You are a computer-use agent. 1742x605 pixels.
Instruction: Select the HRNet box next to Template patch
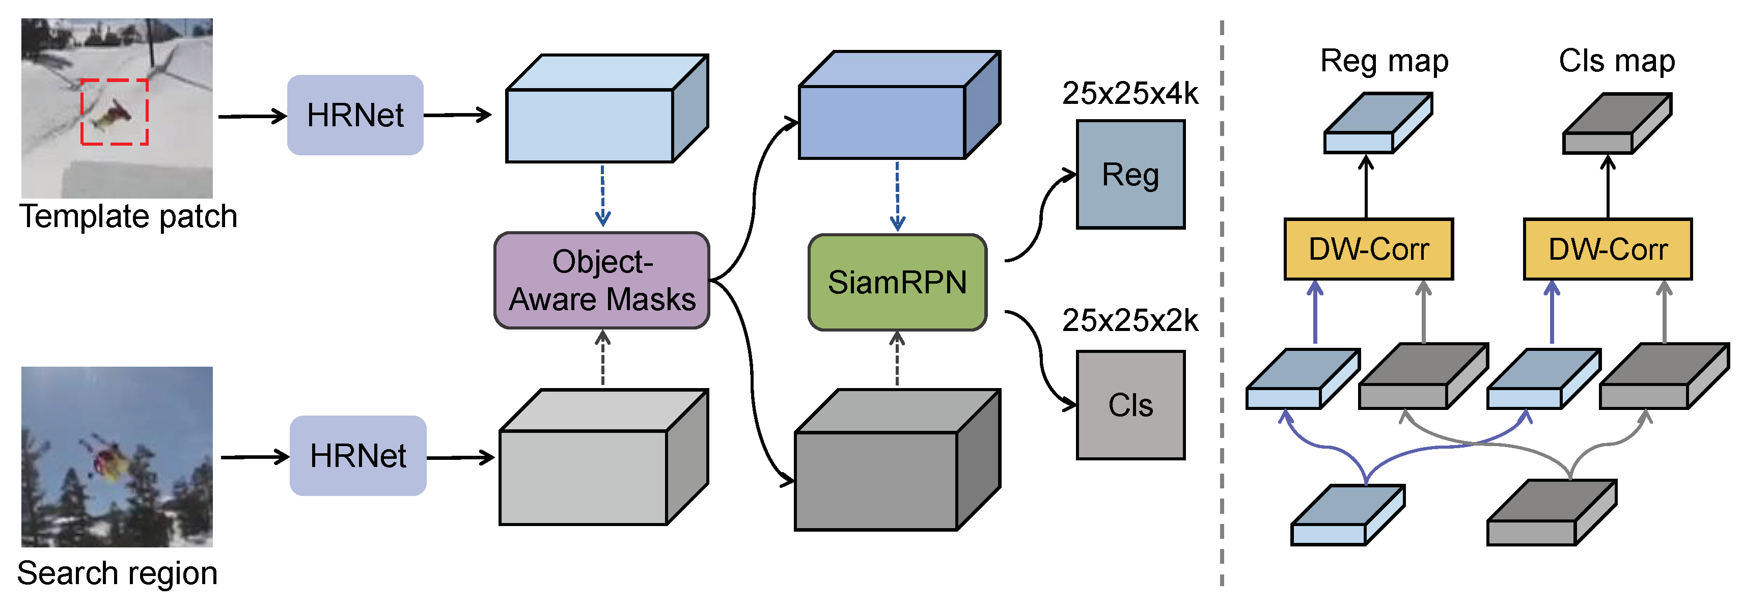[355, 115]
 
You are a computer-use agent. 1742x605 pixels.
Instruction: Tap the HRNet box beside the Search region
[358, 456]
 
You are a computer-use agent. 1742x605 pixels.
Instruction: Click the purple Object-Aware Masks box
[601, 281]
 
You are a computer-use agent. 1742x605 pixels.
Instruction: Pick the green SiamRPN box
[897, 283]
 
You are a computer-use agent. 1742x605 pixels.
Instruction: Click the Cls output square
[1130, 405]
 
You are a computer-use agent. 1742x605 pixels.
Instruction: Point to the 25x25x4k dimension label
[1129, 93]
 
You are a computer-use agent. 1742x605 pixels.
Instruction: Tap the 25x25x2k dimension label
[1129, 320]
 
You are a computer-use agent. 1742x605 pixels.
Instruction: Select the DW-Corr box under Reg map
[1368, 249]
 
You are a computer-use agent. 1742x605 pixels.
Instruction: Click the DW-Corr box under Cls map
[1608, 249]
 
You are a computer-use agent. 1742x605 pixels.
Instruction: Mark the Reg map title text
[1384, 61]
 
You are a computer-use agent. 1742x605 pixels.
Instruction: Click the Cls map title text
[1616, 61]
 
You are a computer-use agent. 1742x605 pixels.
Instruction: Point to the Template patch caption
[128, 217]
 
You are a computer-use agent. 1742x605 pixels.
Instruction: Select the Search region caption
[117, 573]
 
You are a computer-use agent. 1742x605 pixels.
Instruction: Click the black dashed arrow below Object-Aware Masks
[602, 359]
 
